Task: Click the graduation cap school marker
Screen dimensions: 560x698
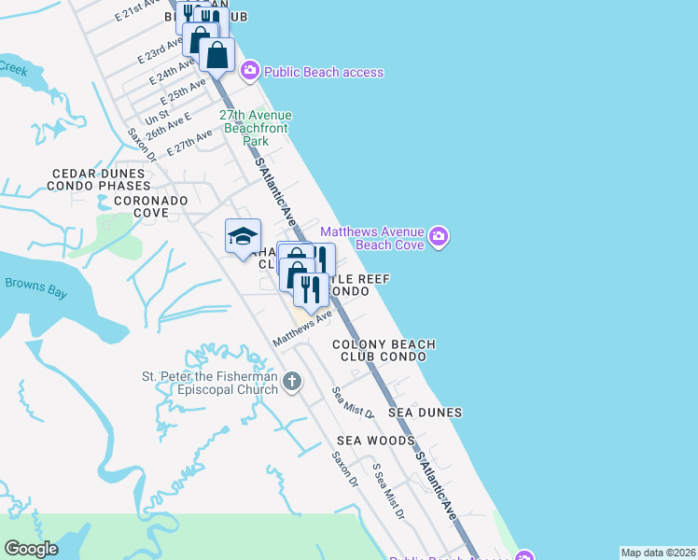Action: click(243, 236)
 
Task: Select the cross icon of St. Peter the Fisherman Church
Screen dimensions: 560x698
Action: click(292, 381)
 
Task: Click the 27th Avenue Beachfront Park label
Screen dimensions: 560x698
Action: click(256, 128)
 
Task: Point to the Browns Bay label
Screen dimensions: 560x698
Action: click(35, 287)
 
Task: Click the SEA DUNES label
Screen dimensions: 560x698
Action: click(426, 412)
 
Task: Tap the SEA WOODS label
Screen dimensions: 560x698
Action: click(376, 440)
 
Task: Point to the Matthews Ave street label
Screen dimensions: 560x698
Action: click(302, 330)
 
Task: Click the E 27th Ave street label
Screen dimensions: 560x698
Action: click(190, 143)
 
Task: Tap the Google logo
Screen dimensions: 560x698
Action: click(32, 549)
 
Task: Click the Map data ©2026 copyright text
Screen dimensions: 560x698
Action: click(658, 553)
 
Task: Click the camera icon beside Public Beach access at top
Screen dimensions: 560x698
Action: click(249, 71)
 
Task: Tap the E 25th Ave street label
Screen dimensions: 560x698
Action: click(183, 91)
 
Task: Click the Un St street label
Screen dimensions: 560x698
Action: click(157, 117)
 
